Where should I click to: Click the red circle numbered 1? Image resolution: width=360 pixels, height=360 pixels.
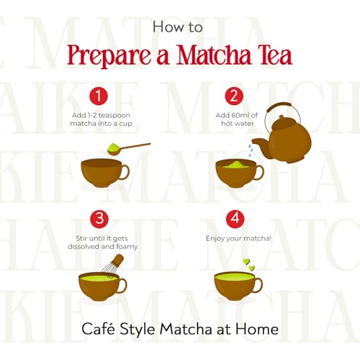[99, 96]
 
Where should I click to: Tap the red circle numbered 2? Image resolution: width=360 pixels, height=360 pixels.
[234, 96]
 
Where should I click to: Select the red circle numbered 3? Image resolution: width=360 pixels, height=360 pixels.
[99, 219]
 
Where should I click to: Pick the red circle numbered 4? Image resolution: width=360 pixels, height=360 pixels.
[235, 219]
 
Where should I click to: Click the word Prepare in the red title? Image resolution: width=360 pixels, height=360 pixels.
[109, 55]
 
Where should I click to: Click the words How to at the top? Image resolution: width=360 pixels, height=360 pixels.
[178, 27]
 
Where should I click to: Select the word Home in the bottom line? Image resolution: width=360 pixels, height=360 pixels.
[257, 329]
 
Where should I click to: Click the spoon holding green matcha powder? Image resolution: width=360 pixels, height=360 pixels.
[125, 148]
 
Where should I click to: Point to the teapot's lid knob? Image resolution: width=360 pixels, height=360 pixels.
[282, 117]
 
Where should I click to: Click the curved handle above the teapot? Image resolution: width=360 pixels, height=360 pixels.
[279, 105]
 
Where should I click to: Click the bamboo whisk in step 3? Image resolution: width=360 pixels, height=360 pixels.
[113, 266]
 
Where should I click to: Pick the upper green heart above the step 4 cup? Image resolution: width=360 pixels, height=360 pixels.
[246, 261]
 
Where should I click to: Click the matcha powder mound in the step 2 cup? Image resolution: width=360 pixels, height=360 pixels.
[235, 164]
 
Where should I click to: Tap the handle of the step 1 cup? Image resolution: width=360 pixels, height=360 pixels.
[125, 172]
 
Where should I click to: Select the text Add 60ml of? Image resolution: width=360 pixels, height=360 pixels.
[236, 115]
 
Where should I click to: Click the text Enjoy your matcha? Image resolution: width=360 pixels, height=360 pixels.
[238, 238]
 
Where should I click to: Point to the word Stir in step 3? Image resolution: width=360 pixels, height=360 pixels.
[81, 238]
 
